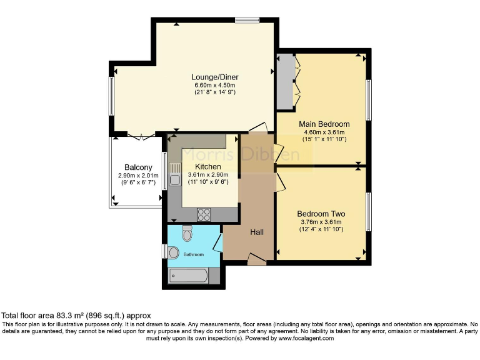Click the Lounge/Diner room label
coord(214,77)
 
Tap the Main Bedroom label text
coord(324,124)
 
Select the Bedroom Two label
coord(321,214)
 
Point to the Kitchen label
coord(208,166)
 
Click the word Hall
coord(257,232)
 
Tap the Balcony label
coord(138,167)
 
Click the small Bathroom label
coord(194,254)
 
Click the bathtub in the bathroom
coord(188,275)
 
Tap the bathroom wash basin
coord(173,252)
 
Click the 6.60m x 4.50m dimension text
coord(214,85)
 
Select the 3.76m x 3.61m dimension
coord(321,222)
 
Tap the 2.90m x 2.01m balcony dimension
coord(138,176)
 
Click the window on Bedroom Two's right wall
coord(369,212)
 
